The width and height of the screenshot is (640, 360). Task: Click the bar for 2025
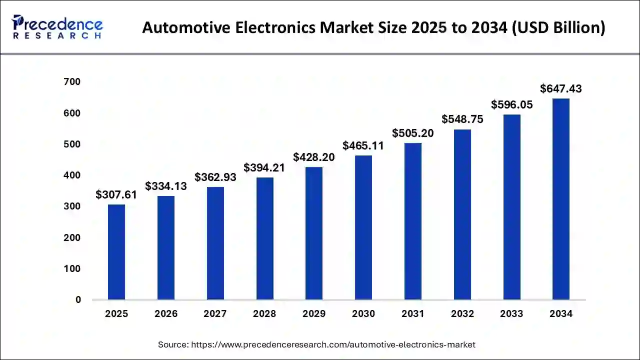[116, 252]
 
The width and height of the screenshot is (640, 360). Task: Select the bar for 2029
[314, 233]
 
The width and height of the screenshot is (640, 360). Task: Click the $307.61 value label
[116, 195]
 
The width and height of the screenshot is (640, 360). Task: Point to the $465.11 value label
[363, 146]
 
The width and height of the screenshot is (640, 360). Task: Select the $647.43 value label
[561, 89]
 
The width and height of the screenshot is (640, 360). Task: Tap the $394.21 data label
[264, 168]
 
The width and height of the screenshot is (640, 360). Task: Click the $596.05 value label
[511, 105]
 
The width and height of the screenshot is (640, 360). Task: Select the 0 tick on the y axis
[78, 300]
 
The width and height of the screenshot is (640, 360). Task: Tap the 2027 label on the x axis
[215, 314]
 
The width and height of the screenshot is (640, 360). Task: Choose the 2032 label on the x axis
[462, 314]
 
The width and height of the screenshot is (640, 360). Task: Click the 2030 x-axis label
[363, 314]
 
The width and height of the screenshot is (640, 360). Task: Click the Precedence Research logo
[57, 27]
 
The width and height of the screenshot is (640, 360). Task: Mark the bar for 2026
[166, 248]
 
